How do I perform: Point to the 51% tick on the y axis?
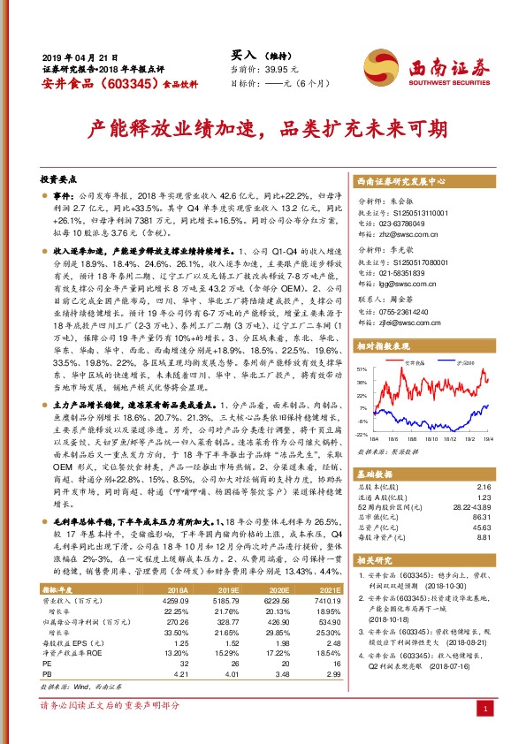(361, 368)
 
